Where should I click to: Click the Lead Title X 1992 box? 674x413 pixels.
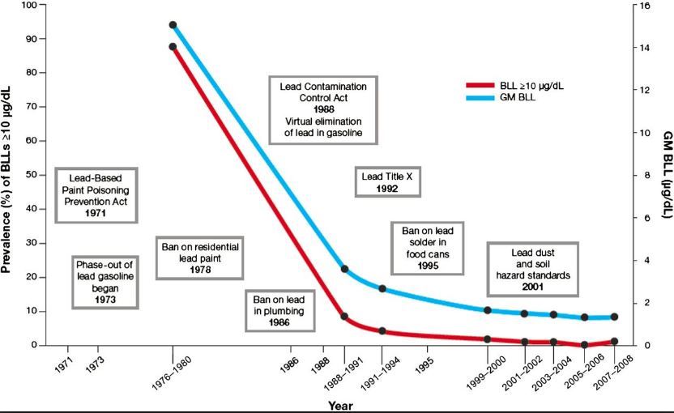coord(388,181)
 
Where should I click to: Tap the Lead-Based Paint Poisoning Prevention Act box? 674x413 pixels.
coord(96,195)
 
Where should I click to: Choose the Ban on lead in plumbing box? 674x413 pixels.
coord(278,310)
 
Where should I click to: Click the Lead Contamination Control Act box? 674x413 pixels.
coord(323,109)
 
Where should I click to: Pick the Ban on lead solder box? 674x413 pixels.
coord(428,247)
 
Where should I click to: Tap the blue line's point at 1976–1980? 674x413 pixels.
coord(173,25)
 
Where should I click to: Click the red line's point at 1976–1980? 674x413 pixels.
coord(173,47)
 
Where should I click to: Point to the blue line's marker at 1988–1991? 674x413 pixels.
coord(344,269)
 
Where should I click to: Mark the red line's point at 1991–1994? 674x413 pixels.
coord(382,330)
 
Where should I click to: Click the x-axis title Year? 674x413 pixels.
coord(340,405)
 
